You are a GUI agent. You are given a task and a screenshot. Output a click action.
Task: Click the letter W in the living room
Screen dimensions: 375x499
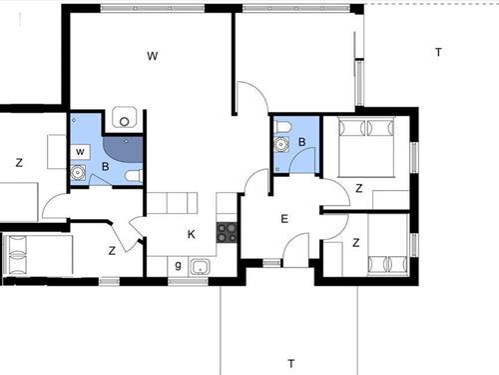tap(153, 57)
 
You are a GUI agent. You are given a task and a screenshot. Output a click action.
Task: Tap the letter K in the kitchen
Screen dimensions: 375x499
tap(192, 234)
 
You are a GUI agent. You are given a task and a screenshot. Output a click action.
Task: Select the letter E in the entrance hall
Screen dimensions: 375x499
tap(283, 219)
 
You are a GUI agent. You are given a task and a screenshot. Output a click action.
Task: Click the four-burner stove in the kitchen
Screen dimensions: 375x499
tap(227, 232)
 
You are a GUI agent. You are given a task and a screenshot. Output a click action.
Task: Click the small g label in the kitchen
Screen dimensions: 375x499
tap(178, 265)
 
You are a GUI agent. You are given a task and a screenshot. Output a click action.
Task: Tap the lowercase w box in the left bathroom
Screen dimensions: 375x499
tap(79, 151)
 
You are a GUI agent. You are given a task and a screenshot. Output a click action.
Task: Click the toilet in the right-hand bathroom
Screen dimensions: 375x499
tap(282, 126)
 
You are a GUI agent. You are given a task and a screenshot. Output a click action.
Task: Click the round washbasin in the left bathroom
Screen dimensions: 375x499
tap(78, 173)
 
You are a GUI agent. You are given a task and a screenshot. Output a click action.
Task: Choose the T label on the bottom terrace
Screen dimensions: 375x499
tap(290, 362)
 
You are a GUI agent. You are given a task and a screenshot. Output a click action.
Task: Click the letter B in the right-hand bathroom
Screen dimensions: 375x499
tap(301, 143)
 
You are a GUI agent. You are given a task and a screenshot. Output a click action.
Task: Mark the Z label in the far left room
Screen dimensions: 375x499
tap(19, 162)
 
